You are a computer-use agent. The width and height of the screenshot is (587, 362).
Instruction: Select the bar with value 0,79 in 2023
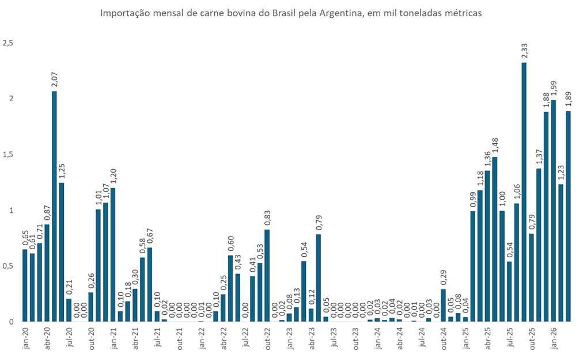319,277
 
